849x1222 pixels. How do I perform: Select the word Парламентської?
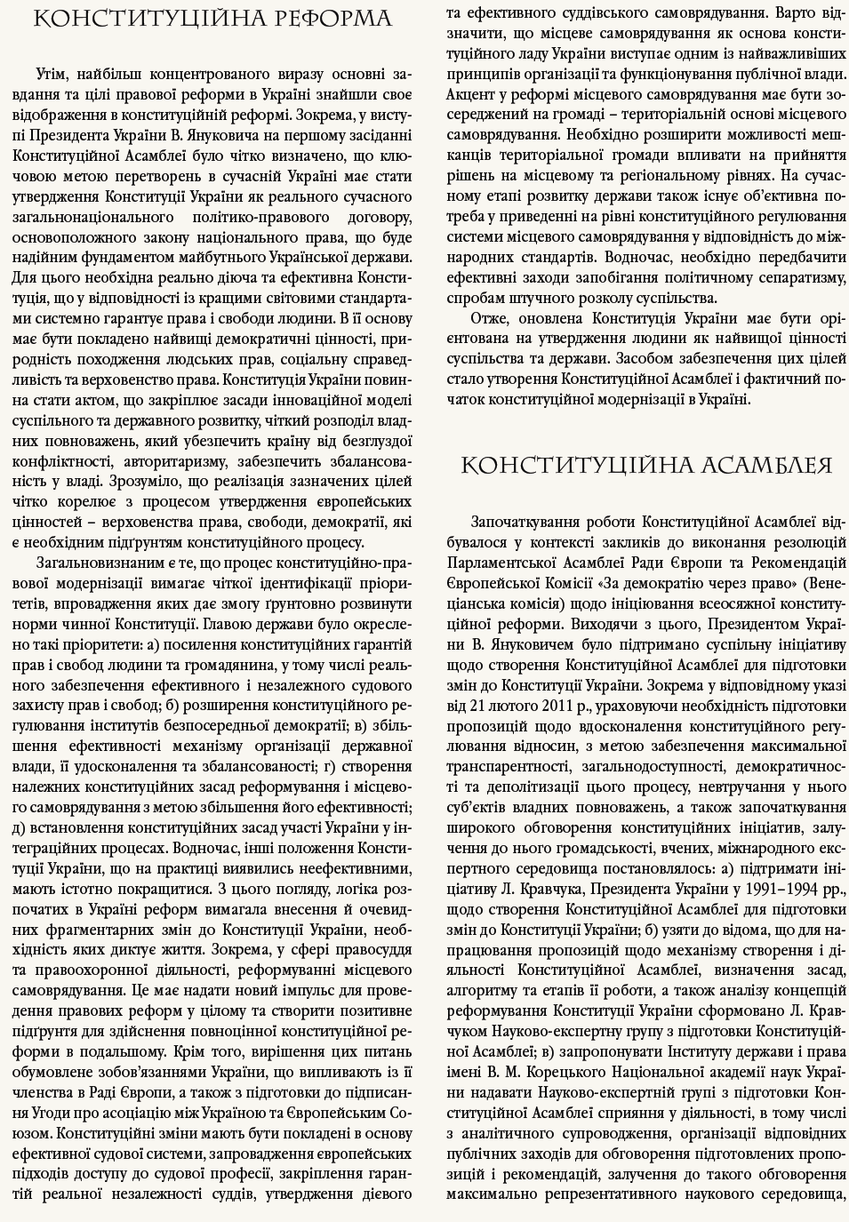pyautogui.click(x=497, y=563)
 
